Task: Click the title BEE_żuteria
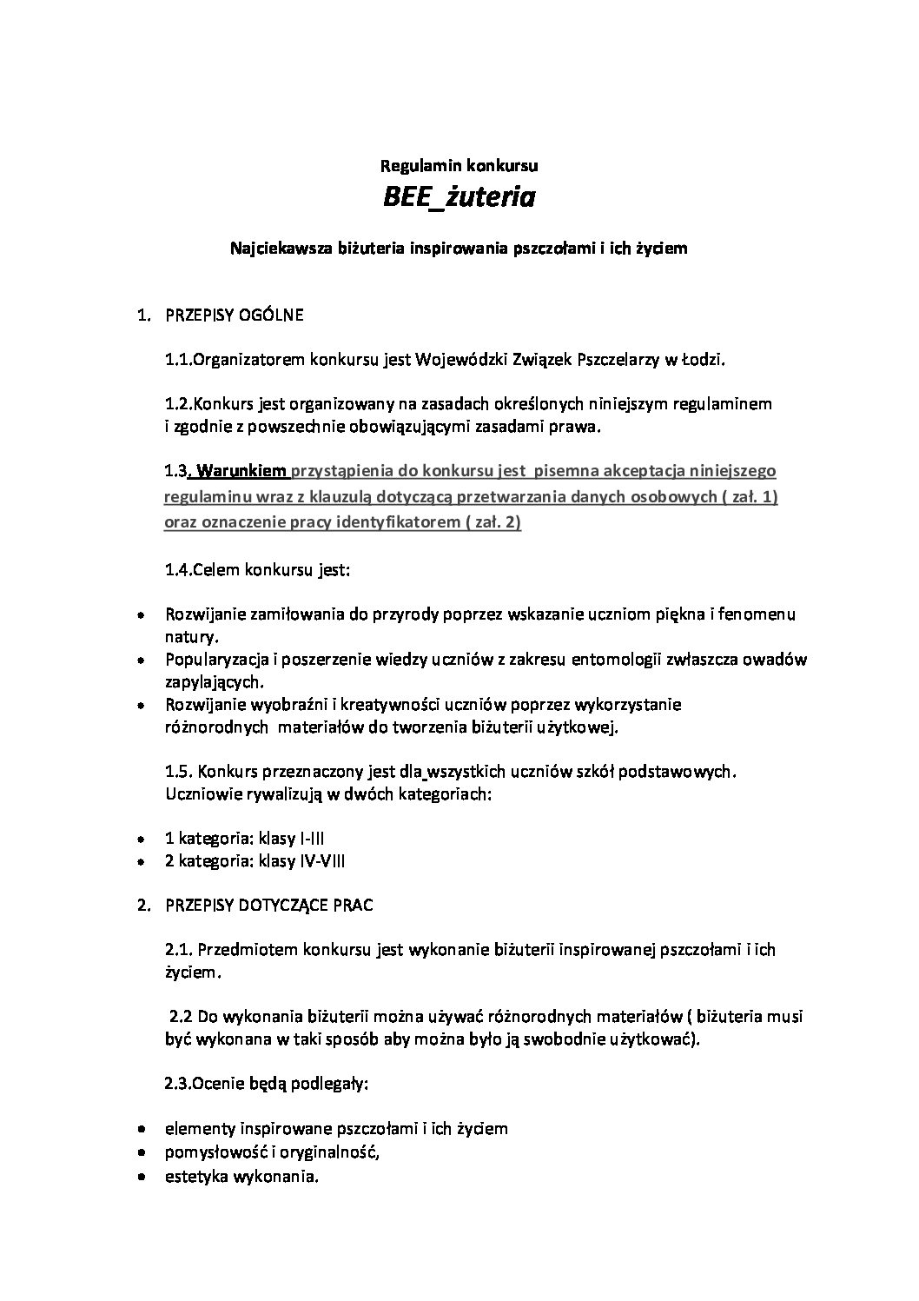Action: coord(459,198)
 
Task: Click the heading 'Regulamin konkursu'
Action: coord(459,163)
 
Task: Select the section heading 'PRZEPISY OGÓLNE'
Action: coord(235,315)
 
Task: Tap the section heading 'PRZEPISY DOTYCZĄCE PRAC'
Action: coord(269,905)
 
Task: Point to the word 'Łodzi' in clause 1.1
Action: coord(703,360)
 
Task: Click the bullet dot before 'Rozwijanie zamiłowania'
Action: coord(141,615)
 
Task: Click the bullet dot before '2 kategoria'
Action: coord(141,862)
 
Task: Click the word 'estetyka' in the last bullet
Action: coord(192,1178)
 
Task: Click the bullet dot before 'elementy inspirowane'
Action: coord(141,1129)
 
